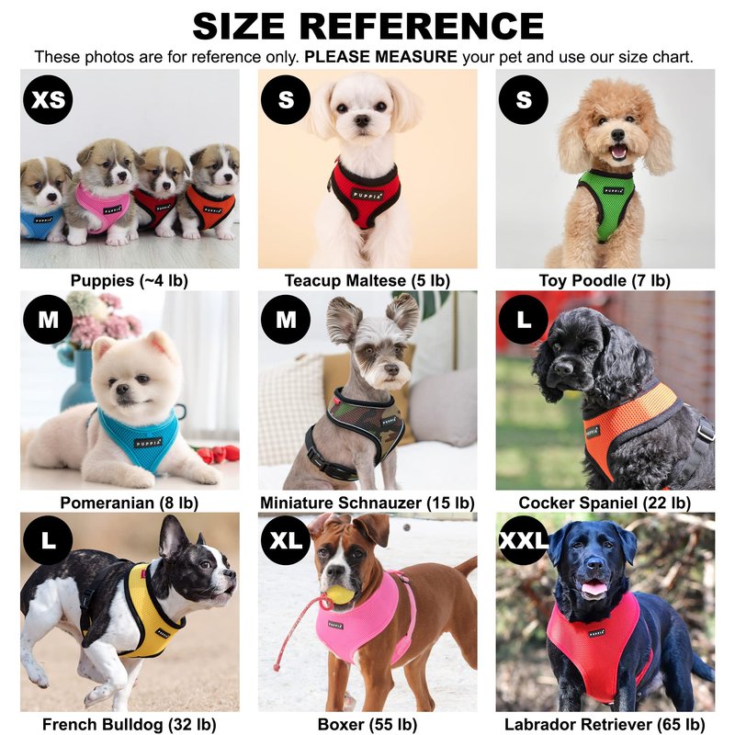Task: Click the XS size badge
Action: (x=48, y=99)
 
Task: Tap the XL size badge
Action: (x=286, y=540)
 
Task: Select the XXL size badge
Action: (x=523, y=540)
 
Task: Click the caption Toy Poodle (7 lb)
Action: (x=605, y=280)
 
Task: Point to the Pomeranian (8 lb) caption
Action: (x=129, y=503)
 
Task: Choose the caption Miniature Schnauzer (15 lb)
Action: (x=367, y=503)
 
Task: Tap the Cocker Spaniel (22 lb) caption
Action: (x=605, y=503)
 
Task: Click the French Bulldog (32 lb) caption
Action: (x=129, y=724)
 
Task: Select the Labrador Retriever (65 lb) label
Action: (x=605, y=724)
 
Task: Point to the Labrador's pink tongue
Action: (x=594, y=587)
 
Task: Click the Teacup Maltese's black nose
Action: (x=362, y=121)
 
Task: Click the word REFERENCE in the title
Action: (x=422, y=26)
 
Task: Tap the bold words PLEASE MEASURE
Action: (x=380, y=57)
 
